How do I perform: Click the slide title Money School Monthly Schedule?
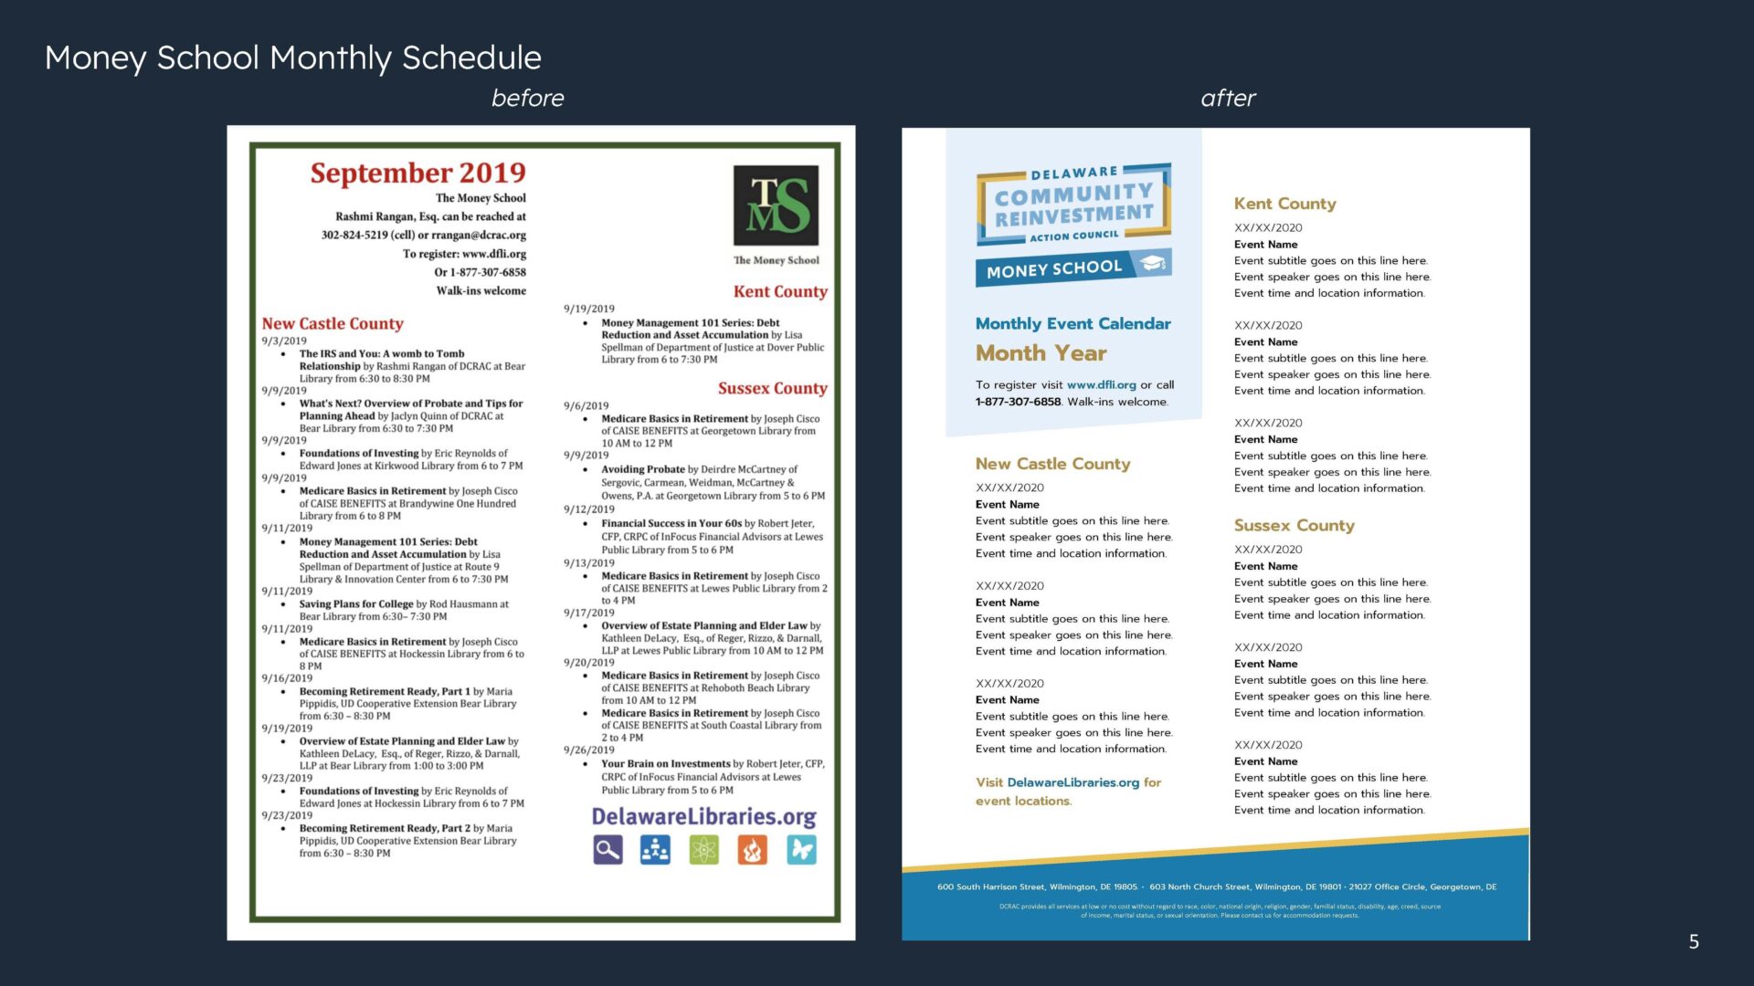[292, 58]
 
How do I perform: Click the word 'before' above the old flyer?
[527, 98]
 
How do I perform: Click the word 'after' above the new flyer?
[1228, 98]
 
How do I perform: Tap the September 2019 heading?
[417, 173]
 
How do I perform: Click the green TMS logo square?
[776, 205]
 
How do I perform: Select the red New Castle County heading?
[333, 323]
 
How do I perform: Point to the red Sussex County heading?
[772, 388]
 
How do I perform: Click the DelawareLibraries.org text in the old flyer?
[703, 816]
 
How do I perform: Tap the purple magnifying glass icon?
[608, 850]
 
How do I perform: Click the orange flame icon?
[752, 850]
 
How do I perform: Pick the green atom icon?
[703, 850]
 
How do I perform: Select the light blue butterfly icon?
[801, 850]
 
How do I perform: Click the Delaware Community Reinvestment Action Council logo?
[1073, 205]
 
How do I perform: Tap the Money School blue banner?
[1072, 267]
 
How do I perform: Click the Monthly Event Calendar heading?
[1072, 323]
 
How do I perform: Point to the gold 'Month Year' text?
[1041, 353]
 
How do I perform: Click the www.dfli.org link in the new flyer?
[1101, 385]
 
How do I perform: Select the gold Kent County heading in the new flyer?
[1284, 204]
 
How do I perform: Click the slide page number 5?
[1694, 941]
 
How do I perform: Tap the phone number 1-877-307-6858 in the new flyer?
[1018, 402]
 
